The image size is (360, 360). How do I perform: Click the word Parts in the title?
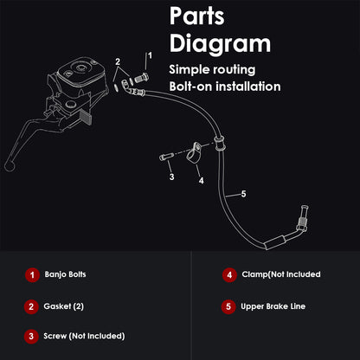click(197, 16)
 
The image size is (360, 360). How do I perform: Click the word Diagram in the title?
click(220, 44)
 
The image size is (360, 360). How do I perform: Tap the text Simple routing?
click(212, 70)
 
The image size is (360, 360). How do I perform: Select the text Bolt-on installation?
click(225, 87)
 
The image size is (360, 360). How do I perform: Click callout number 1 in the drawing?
click(150, 55)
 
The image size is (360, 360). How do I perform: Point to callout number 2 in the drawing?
click(118, 61)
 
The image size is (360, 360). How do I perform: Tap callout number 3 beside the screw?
click(172, 177)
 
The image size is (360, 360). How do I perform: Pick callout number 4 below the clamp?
click(202, 181)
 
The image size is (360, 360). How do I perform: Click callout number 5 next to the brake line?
click(244, 194)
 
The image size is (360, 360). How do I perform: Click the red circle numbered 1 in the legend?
click(32, 275)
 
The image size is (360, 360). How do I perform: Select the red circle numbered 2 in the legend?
click(31, 306)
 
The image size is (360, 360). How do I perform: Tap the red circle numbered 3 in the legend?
click(31, 337)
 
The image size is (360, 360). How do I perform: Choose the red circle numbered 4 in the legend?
click(229, 275)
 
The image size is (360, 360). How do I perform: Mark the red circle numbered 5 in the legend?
click(228, 306)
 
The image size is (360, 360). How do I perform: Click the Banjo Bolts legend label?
click(65, 274)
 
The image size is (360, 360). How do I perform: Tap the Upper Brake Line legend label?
click(273, 306)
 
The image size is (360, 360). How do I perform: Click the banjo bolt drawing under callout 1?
click(141, 78)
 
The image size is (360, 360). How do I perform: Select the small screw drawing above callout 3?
click(166, 157)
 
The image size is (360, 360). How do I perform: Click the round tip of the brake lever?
click(10, 166)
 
